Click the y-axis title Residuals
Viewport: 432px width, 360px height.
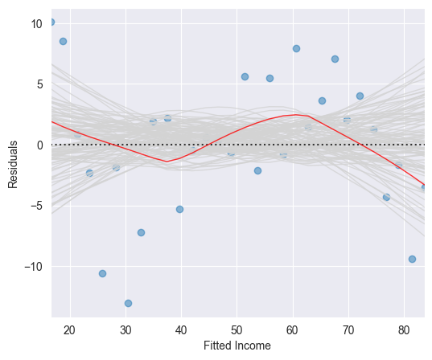click(x=13, y=165)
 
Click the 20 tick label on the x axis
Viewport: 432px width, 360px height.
click(x=69, y=329)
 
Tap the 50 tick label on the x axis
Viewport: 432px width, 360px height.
click(x=237, y=329)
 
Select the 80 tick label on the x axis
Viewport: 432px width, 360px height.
click(x=404, y=329)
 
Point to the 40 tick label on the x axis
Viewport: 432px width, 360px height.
click(x=181, y=329)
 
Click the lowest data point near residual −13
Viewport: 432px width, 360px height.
click(x=128, y=303)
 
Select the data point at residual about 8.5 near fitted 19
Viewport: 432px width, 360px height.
click(x=63, y=41)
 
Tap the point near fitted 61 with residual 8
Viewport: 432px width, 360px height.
click(x=296, y=48)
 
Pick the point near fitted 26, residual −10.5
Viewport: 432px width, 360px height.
click(x=102, y=273)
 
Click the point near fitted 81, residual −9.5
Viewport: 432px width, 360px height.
click(x=412, y=259)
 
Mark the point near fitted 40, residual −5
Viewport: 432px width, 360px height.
click(x=179, y=209)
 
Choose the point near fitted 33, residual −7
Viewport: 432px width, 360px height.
click(x=141, y=232)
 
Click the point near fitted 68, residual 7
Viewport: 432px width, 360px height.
click(x=335, y=59)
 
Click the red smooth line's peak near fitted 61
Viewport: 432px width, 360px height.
click(x=297, y=114)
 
